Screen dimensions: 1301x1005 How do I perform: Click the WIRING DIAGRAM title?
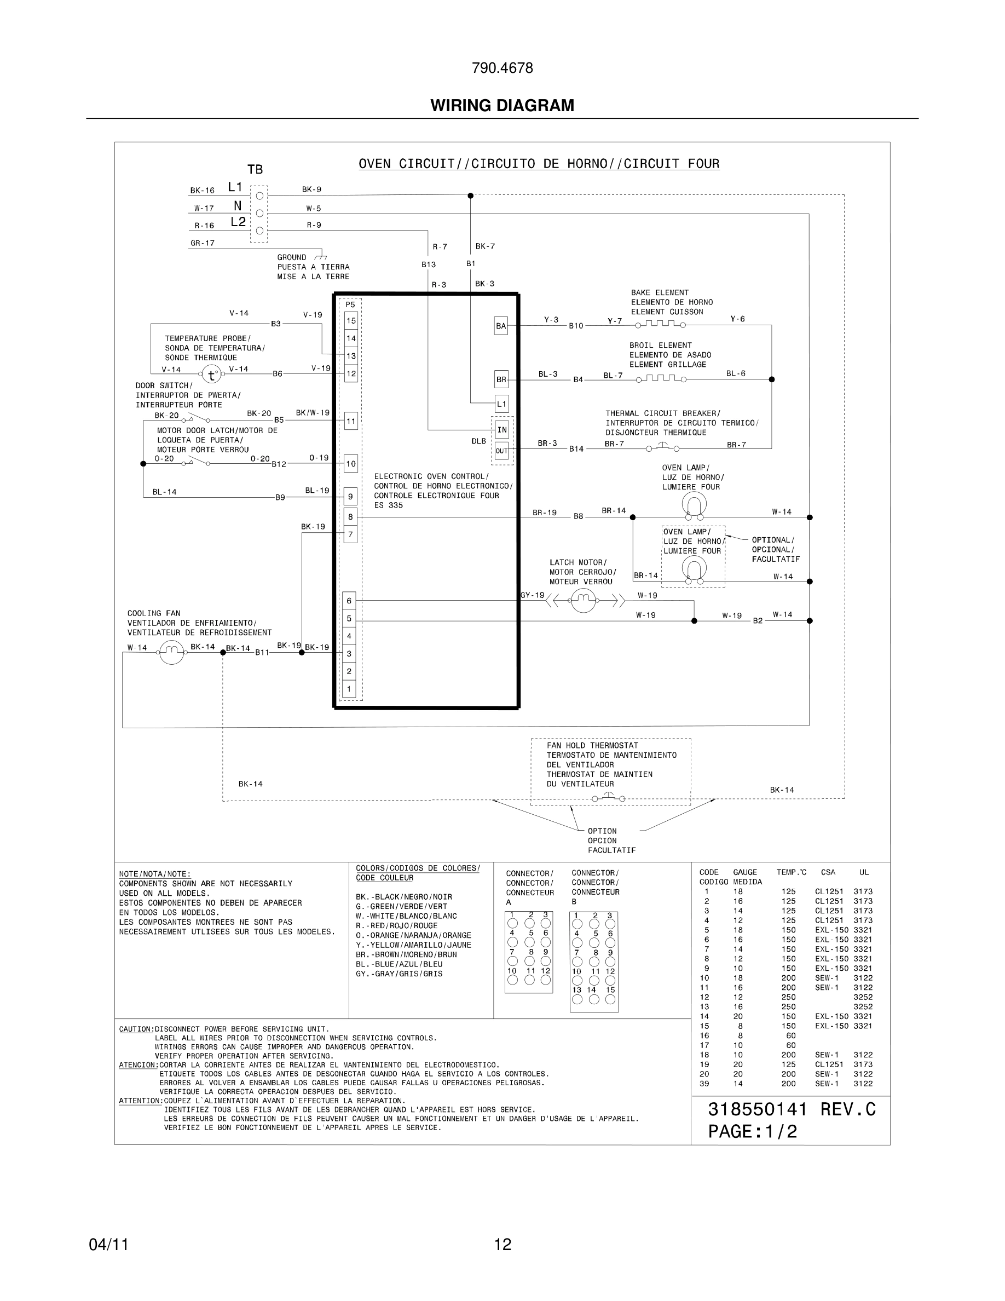click(502, 106)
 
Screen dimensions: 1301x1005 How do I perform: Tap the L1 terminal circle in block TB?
click(259, 195)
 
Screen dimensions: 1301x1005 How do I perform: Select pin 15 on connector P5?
click(351, 320)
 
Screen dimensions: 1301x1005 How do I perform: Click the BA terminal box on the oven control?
click(501, 326)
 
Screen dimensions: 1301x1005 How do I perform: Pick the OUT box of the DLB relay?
click(501, 451)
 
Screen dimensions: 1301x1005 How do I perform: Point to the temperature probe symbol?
click(211, 375)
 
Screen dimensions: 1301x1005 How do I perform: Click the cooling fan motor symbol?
click(171, 652)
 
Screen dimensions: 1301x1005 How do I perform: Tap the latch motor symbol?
click(583, 600)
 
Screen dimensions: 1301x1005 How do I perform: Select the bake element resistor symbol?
click(660, 325)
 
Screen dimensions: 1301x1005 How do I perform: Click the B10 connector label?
click(576, 326)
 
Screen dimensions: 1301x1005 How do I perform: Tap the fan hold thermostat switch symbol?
click(609, 798)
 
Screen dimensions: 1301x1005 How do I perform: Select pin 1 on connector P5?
click(349, 689)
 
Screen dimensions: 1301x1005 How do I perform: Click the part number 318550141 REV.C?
click(792, 1109)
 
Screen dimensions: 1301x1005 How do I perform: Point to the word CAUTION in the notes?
click(136, 1029)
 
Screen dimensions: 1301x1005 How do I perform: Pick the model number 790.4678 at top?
click(502, 68)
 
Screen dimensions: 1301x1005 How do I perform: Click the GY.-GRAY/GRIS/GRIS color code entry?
click(399, 974)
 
